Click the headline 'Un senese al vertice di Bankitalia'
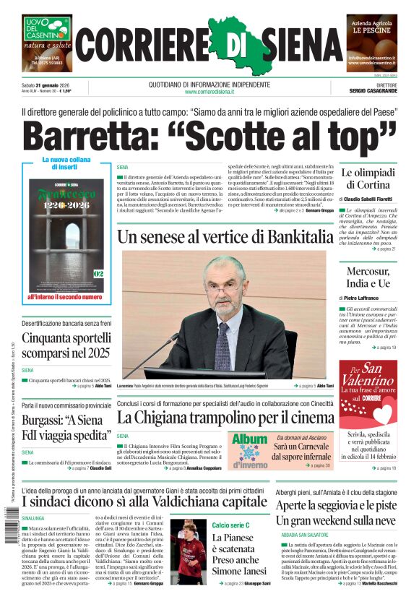tap(225, 236)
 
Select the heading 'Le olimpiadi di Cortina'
tap(368, 178)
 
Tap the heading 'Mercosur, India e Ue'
tap(368, 277)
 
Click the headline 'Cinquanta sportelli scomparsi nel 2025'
tap(66, 345)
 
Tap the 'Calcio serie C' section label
tap(231, 525)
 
